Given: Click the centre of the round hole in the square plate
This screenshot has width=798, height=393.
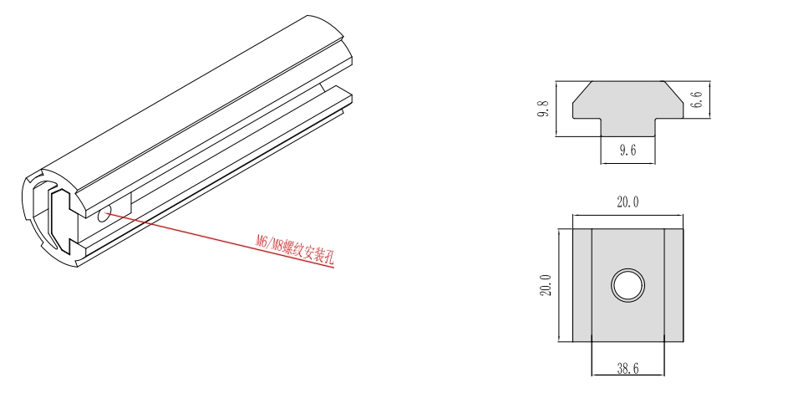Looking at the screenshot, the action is point(628,284).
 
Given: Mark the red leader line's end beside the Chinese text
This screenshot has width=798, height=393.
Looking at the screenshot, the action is point(334,267).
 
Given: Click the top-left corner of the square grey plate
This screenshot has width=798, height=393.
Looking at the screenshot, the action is point(573,228).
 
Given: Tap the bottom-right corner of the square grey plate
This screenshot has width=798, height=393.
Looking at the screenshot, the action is point(683,342).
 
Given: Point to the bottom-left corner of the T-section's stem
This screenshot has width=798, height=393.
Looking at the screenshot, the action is point(601,136).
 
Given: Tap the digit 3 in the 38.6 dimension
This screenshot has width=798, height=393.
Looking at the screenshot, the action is point(620,369).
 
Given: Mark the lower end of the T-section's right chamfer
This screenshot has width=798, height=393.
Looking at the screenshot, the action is point(683,104).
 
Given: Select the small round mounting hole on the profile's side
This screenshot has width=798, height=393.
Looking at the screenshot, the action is point(104,214).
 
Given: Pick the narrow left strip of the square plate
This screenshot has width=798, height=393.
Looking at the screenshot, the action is point(582,285).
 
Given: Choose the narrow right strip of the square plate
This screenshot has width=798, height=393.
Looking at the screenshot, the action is point(673,285).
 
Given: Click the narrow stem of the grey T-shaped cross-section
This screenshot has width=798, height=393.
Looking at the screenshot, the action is point(628,127).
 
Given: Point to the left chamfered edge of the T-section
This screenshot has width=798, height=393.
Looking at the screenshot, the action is point(582,92).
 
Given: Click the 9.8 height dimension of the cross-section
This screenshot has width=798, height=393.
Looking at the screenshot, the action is point(543,109).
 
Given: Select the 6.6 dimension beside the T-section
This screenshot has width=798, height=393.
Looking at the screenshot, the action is point(697,100).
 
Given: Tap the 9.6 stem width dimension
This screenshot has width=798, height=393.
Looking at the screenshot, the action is point(628,150).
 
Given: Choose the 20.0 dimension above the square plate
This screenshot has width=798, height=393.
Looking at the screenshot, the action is point(628,202).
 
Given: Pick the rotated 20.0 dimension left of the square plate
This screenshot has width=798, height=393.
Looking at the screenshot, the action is point(546,285).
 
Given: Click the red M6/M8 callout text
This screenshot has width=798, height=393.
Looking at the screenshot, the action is point(296,248).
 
